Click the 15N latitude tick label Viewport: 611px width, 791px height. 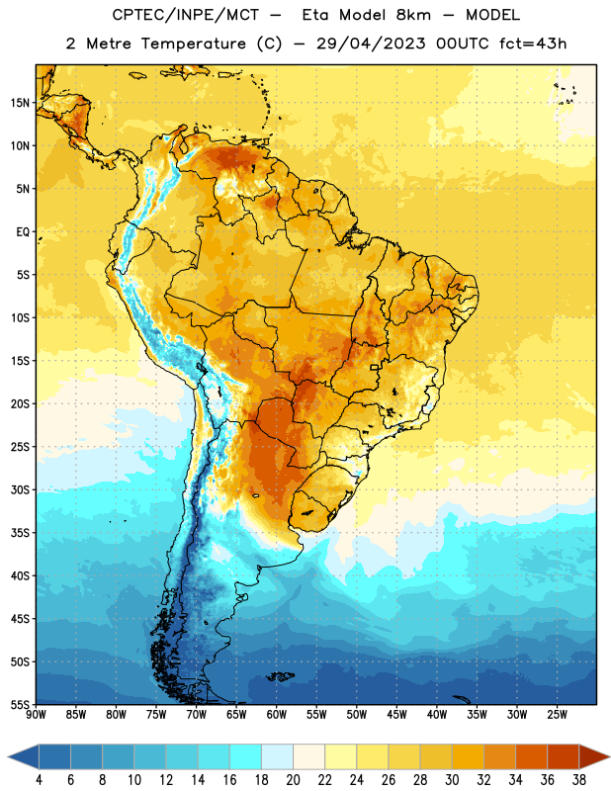coord(20,103)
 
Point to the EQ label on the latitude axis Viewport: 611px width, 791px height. coord(23,232)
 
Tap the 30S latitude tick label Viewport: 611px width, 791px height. coord(20,489)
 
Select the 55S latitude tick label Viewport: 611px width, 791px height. coord(20,704)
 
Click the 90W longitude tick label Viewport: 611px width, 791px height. coord(36,715)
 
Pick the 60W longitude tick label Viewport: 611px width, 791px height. coord(277,715)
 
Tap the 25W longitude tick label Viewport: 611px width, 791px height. coord(557,715)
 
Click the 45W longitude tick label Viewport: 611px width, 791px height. coord(396,715)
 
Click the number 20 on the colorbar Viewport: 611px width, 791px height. coord(293,780)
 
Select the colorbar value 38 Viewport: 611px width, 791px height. coord(579,780)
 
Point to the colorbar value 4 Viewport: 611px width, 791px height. coord(39,780)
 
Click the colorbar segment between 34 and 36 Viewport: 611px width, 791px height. coord(531,756)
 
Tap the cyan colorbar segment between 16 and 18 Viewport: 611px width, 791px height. coord(245,756)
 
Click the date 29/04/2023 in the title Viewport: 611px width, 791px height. coord(371,44)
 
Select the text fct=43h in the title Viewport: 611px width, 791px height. coord(533,44)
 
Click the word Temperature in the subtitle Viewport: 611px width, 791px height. coord(193,44)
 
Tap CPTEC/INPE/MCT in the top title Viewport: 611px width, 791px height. coord(186,15)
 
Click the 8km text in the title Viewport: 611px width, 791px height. coord(413,15)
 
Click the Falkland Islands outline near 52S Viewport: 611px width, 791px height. coord(280,676)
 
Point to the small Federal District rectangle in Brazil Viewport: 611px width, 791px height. coord(375,367)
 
